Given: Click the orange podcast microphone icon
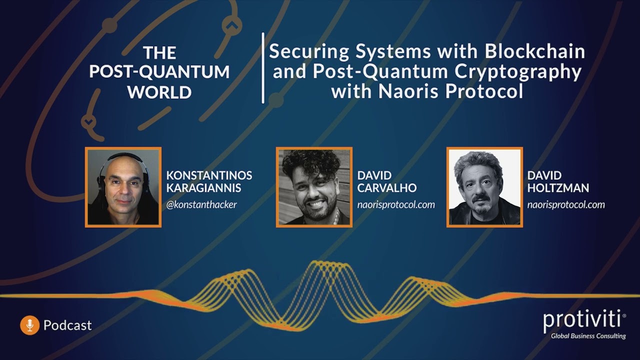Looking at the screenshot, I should pyautogui.click(x=29, y=325).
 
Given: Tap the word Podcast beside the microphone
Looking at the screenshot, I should pyautogui.click(x=67, y=325).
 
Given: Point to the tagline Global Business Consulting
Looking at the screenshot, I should pyautogui.click(x=588, y=336).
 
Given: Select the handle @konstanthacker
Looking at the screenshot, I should pyautogui.click(x=201, y=204).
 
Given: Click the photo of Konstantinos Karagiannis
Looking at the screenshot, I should pyautogui.click(x=123, y=187).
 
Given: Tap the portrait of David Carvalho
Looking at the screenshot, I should pyautogui.click(x=314, y=187).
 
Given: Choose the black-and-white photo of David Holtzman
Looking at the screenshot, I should pyautogui.click(x=484, y=187).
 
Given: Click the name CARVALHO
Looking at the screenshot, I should pyautogui.click(x=387, y=188).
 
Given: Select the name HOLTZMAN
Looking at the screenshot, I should pyautogui.click(x=558, y=188).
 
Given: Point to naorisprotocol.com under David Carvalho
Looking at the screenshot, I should pyautogui.click(x=396, y=204).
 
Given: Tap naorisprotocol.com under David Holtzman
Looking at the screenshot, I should pyautogui.click(x=566, y=204).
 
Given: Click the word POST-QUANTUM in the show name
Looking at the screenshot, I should pyautogui.click(x=159, y=72).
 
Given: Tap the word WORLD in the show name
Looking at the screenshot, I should pyautogui.click(x=159, y=92).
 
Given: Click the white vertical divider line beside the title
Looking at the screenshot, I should pyautogui.click(x=263, y=68).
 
